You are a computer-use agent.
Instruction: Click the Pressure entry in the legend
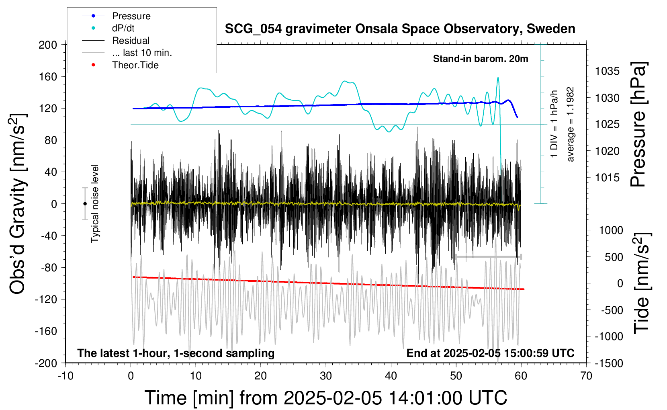116,16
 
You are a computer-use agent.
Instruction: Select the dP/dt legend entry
108,28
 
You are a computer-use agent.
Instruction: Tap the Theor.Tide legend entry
120,65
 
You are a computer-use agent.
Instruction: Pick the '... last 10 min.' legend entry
127,53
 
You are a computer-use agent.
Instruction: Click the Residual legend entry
116,40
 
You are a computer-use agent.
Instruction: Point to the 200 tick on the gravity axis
48,45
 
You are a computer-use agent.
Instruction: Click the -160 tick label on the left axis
46,331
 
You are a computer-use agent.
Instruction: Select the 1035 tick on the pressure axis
607,71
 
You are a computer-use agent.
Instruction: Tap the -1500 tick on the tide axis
609,363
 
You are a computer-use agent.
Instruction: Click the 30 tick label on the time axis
326,376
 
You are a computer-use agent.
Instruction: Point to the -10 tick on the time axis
65,376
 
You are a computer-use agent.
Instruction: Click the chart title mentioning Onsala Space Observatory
400,29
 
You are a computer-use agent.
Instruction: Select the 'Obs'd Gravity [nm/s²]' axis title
17,204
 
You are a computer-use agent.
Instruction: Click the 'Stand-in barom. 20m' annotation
481,59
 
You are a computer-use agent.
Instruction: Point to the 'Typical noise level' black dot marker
85,204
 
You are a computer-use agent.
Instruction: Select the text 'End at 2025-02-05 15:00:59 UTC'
491,353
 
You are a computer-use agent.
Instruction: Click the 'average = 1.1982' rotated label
570,125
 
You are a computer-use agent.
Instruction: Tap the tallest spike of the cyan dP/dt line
498,78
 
